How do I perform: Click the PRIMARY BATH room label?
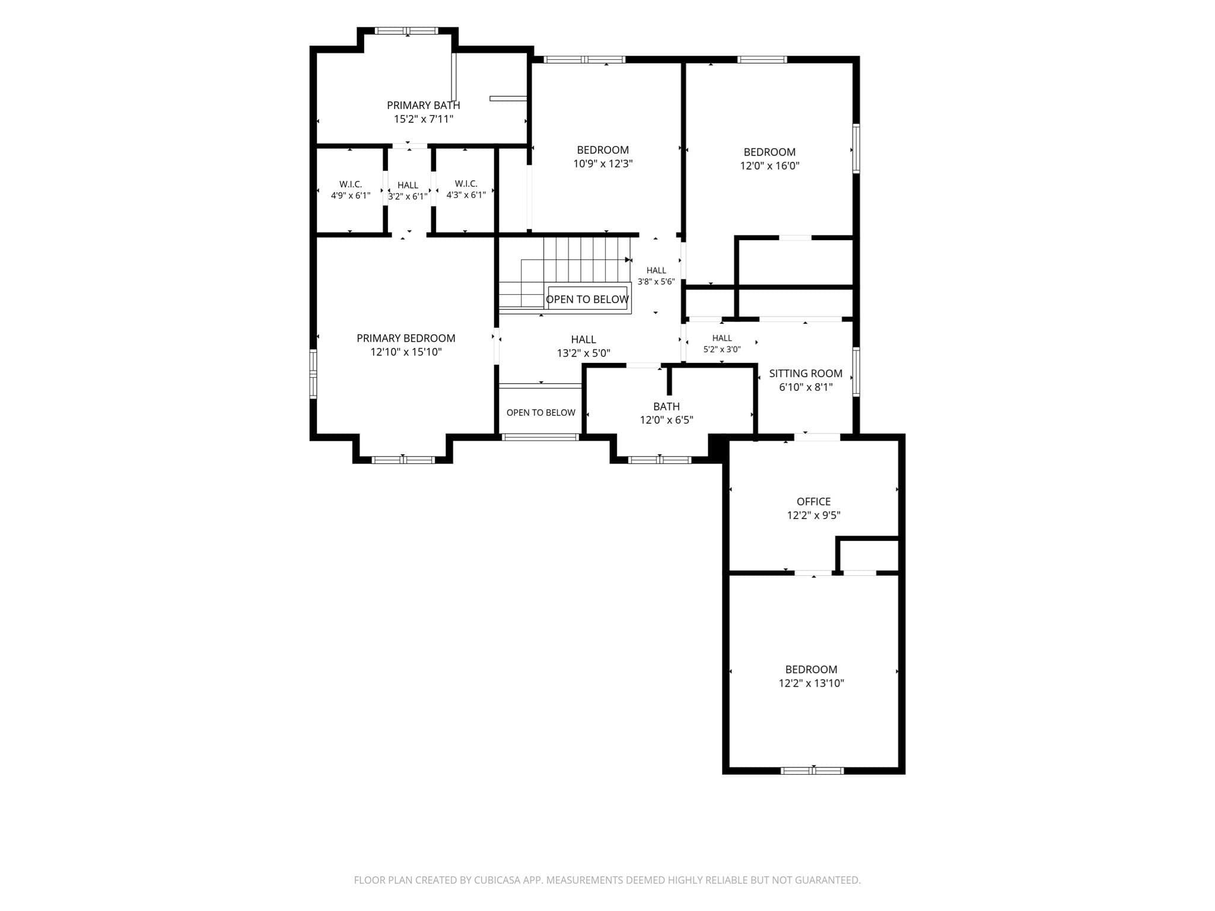[x=423, y=105]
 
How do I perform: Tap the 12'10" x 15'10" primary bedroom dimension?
[x=406, y=352]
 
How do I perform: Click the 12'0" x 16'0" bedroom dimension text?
[x=769, y=166]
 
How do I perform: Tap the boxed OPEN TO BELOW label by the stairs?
[x=587, y=300]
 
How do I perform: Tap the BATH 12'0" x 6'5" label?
[x=666, y=413]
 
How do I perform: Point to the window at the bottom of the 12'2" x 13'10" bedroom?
[x=812, y=770]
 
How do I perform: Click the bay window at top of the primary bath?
[x=407, y=31]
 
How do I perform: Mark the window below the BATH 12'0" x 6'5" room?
[x=660, y=460]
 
